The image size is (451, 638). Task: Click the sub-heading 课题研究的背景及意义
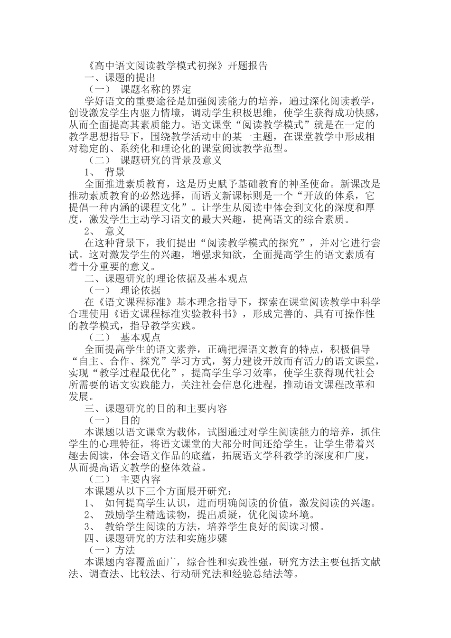(x=171, y=160)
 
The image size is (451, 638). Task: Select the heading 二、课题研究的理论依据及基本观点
(x=166, y=278)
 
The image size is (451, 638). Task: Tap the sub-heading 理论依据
(x=141, y=290)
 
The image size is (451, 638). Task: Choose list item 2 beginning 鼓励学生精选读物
(x=199, y=515)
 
